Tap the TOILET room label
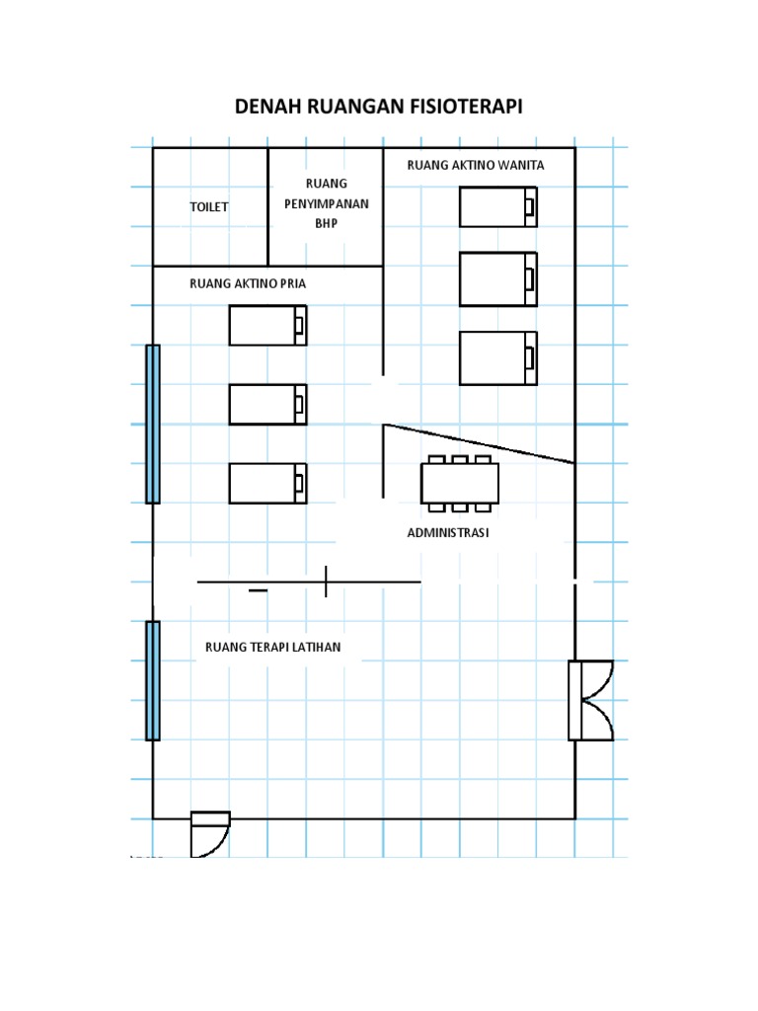[x=209, y=207]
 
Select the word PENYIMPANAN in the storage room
[x=326, y=203]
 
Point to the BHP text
[x=326, y=223]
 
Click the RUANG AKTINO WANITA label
[x=475, y=165]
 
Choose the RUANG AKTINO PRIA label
[x=248, y=283]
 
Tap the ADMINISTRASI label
[x=448, y=532]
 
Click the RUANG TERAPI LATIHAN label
[x=272, y=647]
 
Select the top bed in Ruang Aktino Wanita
[x=498, y=207]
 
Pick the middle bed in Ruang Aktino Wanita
[x=498, y=279]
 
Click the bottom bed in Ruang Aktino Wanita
[x=498, y=358]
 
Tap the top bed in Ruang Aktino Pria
[x=267, y=326]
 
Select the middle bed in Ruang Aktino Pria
[x=267, y=404]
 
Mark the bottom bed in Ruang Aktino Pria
[x=267, y=484]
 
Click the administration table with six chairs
[x=460, y=484]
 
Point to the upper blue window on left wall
[x=153, y=425]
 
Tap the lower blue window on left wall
[x=153, y=681]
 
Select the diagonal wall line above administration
[x=479, y=443]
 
